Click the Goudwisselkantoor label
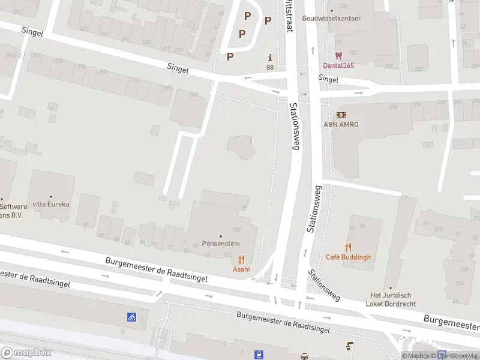point(332,18)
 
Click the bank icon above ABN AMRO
point(341,114)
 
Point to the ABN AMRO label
point(341,124)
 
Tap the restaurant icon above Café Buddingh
point(348,247)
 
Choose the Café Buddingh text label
point(348,257)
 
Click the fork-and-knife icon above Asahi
point(241,259)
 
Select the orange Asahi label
point(241,269)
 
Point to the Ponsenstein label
point(220,245)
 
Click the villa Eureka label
point(51,204)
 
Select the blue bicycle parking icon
point(131,317)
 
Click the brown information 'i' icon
point(270,58)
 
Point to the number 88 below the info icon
point(270,67)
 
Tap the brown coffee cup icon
point(349,346)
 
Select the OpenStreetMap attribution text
point(458,356)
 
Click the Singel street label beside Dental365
point(328,79)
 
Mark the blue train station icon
point(259,355)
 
